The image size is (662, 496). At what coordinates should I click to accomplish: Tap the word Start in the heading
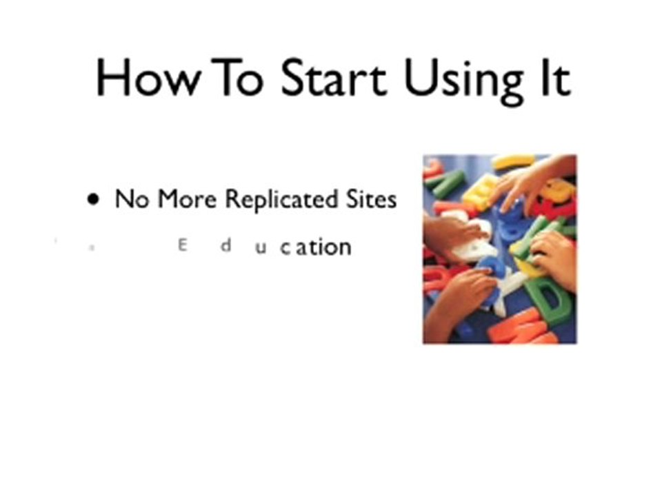coord(334,77)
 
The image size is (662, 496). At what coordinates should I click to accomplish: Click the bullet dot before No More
coord(93,200)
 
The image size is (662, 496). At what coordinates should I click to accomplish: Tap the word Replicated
coord(281,200)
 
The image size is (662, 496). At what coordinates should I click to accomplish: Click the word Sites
coord(370,200)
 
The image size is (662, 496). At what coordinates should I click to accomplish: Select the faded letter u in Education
coord(260,247)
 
